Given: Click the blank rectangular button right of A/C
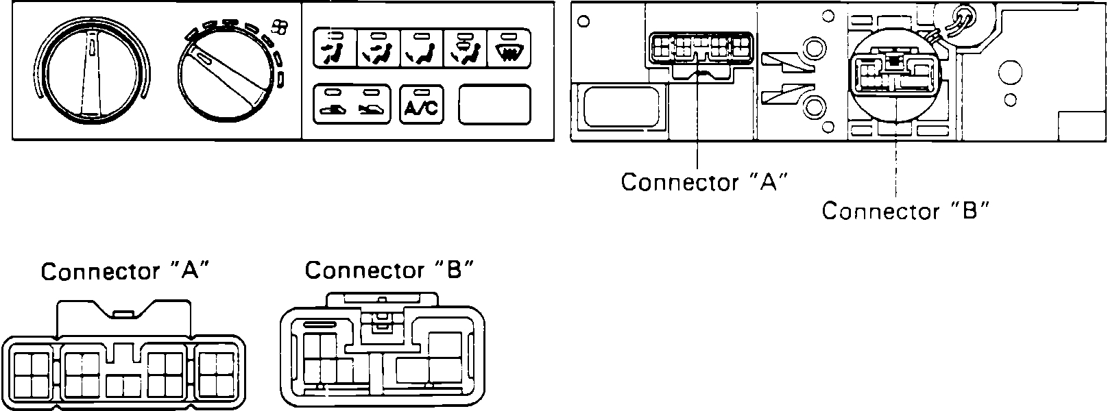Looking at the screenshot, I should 494,104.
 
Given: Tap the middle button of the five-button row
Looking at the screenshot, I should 420,49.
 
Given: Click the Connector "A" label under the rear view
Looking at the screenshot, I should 703,182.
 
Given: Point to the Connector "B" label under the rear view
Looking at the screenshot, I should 905,210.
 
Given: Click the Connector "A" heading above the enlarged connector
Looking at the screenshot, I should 124,272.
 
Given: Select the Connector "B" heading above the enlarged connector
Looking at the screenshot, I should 389,271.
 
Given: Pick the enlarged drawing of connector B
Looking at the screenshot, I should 383,353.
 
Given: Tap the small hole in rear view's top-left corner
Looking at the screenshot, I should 584,21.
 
